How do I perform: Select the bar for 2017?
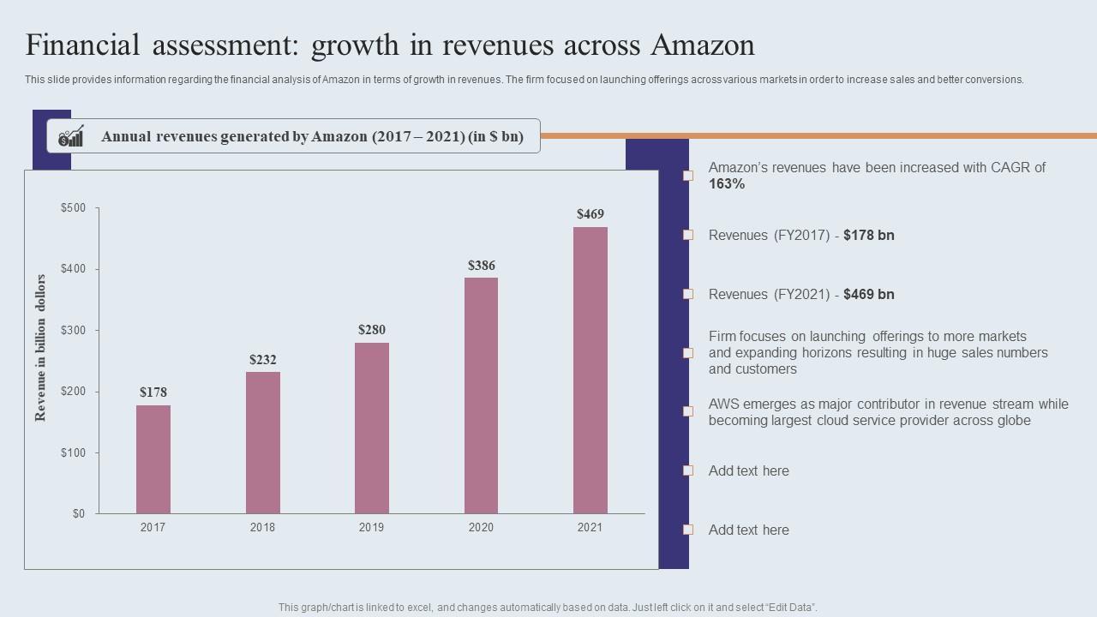click(153, 459)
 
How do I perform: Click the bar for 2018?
click(262, 442)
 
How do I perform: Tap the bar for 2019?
click(372, 428)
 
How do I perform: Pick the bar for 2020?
click(481, 395)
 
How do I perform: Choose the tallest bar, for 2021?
click(590, 370)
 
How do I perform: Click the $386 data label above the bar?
click(482, 266)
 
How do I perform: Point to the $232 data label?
click(263, 360)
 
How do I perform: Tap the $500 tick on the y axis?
click(73, 208)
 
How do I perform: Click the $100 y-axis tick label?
click(73, 452)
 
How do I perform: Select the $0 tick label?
click(78, 513)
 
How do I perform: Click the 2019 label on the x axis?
click(372, 528)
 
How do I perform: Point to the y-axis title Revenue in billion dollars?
click(40, 348)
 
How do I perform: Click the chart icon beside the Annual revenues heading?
click(71, 136)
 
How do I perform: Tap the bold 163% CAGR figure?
click(727, 184)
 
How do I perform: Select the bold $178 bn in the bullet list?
click(868, 235)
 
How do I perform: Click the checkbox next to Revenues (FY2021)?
click(687, 294)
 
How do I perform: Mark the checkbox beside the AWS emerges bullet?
click(687, 411)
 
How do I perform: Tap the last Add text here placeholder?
click(748, 530)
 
